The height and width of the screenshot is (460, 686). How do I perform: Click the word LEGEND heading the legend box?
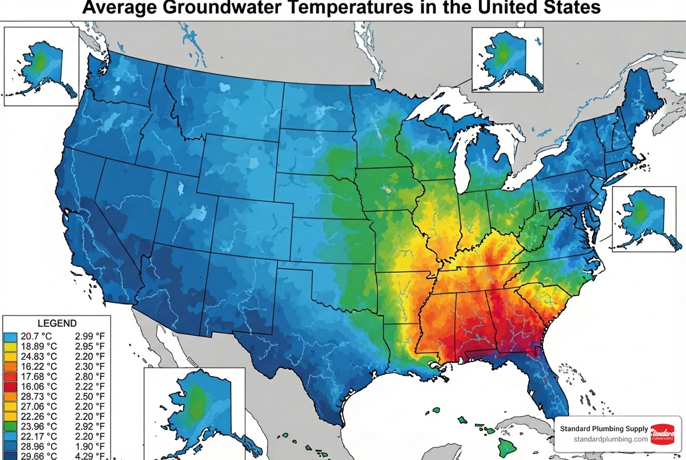tap(56, 323)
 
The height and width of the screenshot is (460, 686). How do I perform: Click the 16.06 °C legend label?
tap(39, 386)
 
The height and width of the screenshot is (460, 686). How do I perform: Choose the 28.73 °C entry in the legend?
tap(39, 397)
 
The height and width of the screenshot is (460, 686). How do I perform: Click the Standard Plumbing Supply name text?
tap(604, 429)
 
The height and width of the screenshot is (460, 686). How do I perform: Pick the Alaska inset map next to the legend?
tap(194, 412)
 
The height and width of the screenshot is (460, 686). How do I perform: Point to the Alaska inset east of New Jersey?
tap(644, 218)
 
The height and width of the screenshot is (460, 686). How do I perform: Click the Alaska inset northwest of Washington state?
tap(41, 65)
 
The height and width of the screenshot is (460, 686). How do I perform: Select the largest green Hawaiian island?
tap(507, 448)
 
